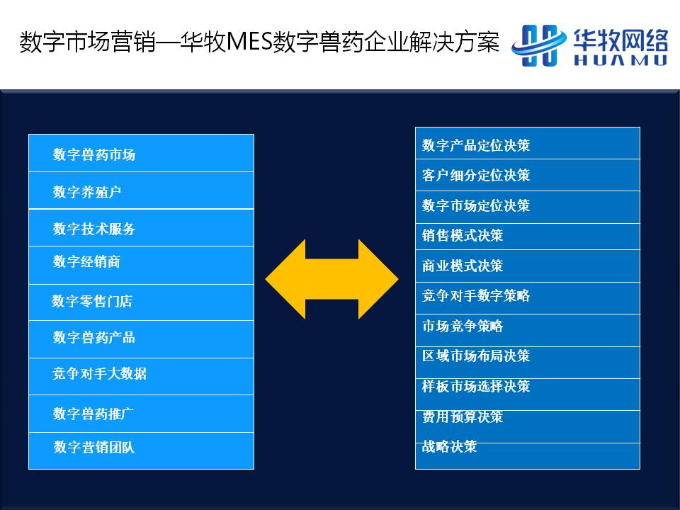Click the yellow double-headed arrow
[x=331, y=279]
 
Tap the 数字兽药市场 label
[x=94, y=154]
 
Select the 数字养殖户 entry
[x=86, y=192]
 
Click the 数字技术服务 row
[x=94, y=229]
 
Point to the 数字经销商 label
[x=86, y=261]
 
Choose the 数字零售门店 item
[x=92, y=301]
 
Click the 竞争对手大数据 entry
[x=99, y=373]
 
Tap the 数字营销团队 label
[x=94, y=447]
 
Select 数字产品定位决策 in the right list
[x=476, y=145]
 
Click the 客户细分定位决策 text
[x=476, y=175]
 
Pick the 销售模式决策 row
[x=463, y=235]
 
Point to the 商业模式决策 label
[x=463, y=266]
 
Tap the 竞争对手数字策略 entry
[x=476, y=296]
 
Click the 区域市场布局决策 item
[x=476, y=356]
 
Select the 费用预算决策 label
[x=463, y=416]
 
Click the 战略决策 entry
[x=449, y=446]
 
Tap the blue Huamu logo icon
[x=538, y=45]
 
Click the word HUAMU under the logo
[x=620, y=59]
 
